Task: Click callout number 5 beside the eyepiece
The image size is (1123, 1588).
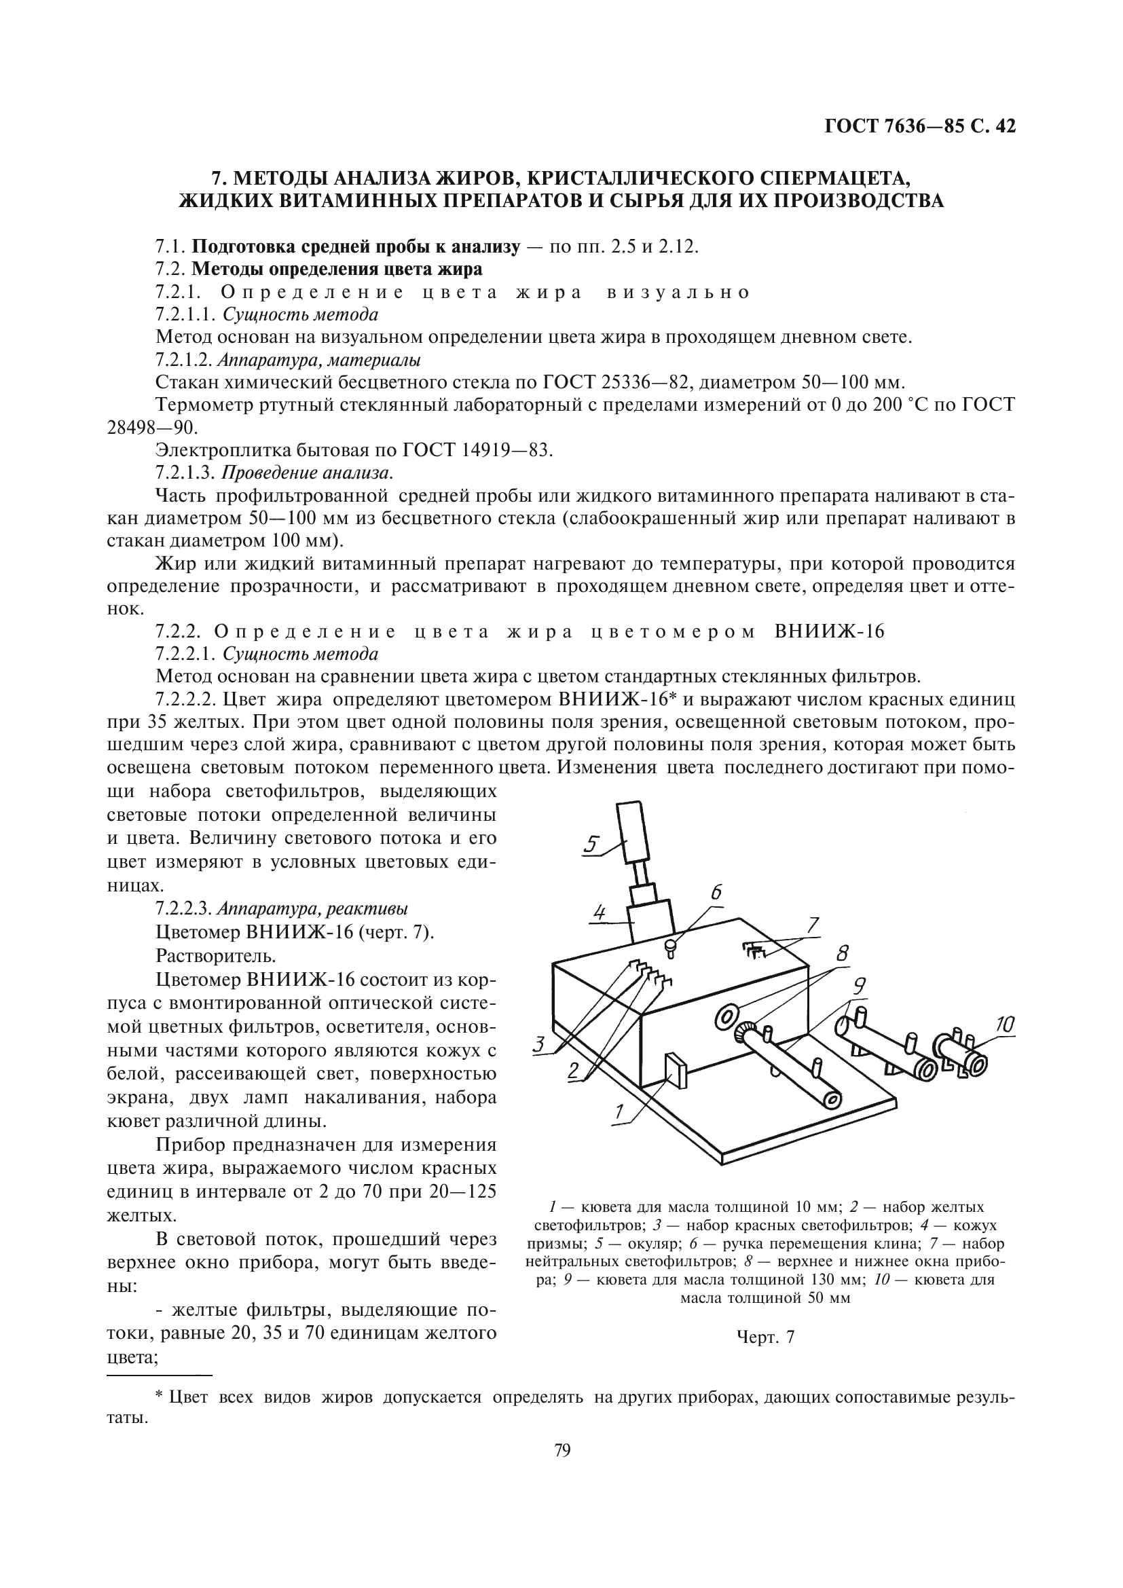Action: pos(591,843)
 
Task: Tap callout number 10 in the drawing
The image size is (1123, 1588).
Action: pos(1005,1024)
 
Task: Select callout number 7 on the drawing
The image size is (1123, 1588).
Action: pos(813,925)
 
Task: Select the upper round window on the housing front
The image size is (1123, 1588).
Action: pos(724,1016)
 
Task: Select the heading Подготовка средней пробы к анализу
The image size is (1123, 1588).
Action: pos(354,247)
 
